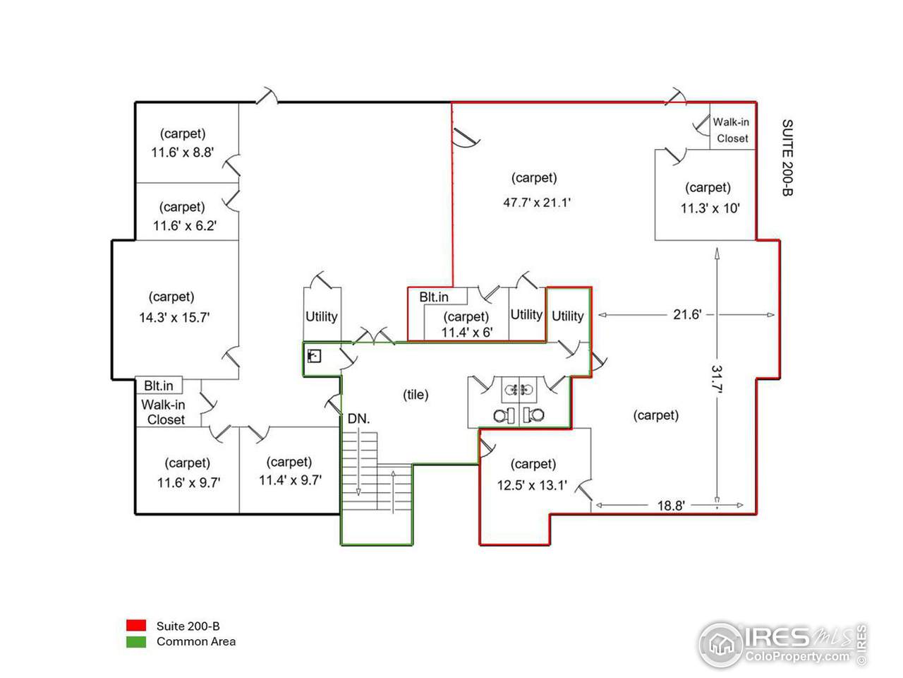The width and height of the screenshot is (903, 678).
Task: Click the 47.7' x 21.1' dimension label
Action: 536,202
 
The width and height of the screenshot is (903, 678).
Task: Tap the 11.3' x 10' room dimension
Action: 710,208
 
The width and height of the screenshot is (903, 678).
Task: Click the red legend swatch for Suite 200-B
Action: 136,626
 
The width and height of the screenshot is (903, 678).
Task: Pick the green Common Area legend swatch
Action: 136,642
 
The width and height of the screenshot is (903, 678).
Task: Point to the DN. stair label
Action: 358,419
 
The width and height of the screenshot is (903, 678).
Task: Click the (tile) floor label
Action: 416,395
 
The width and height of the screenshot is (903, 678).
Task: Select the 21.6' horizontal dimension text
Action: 686,314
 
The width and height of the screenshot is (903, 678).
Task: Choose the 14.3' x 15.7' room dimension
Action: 174,318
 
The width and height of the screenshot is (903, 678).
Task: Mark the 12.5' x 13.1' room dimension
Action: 532,485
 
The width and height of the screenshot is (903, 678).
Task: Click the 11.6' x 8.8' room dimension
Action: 182,152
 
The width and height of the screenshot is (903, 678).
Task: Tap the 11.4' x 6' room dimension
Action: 466,332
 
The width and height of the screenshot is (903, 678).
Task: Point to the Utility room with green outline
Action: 567,316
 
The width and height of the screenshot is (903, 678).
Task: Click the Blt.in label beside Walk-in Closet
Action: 159,386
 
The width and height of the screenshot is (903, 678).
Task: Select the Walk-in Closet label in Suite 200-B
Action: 731,130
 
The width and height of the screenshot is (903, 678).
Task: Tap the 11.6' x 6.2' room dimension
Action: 184,226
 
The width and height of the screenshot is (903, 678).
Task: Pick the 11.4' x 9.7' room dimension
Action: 290,480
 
